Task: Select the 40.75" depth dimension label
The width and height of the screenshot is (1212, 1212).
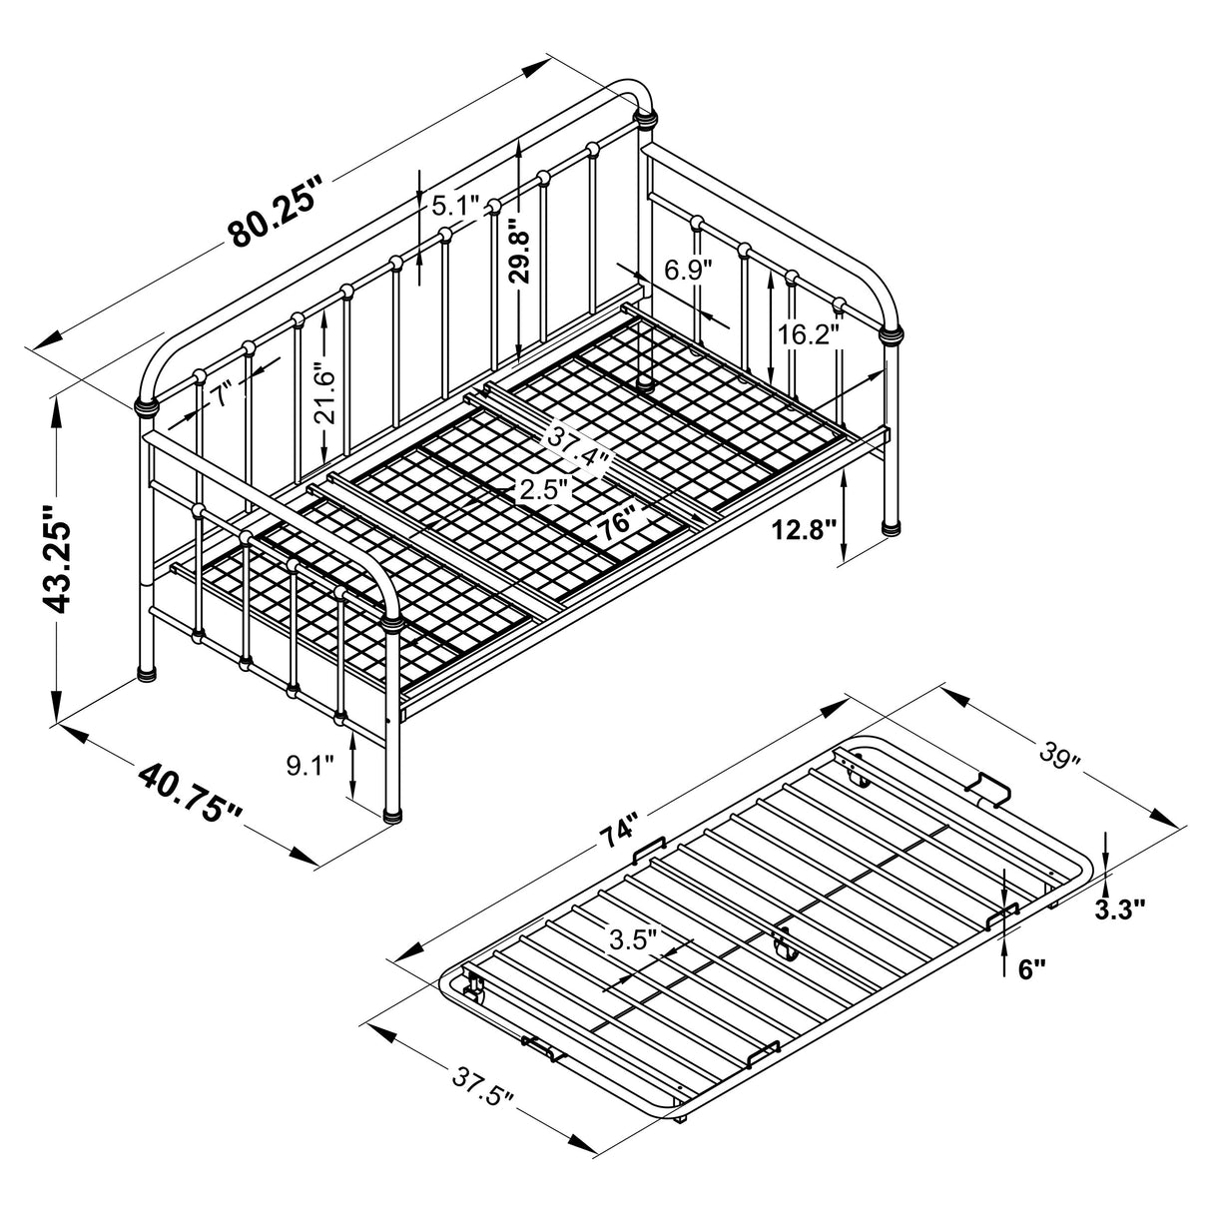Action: [191, 795]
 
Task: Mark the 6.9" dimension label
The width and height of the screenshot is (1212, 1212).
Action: [688, 270]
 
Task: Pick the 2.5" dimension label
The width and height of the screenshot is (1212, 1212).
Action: [543, 489]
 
